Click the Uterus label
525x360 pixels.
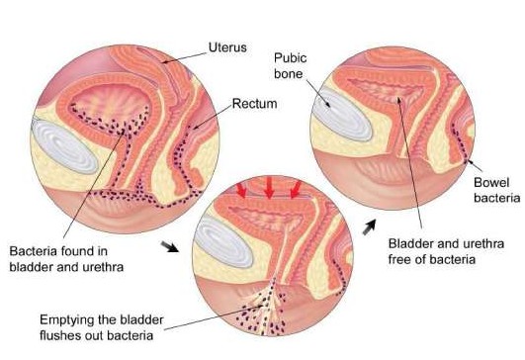coord(227,47)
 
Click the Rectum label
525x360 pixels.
coord(254,104)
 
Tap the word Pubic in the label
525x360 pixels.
coord(291,58)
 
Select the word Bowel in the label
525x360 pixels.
coord(491,183)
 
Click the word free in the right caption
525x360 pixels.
coord(399,259)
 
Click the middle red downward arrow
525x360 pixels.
coord(269,188)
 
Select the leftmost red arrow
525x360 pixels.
coord(241,190)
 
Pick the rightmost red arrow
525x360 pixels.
coord(295,190)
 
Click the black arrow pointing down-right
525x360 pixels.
coord(169,246)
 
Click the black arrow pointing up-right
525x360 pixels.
coord(370,226)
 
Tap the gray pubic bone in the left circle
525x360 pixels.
coord(64,146)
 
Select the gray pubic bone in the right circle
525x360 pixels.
coord(341,113)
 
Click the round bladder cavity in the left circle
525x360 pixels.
coord(110,107)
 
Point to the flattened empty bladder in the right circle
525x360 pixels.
coord(385,89)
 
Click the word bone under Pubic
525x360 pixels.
coord(289,73)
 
